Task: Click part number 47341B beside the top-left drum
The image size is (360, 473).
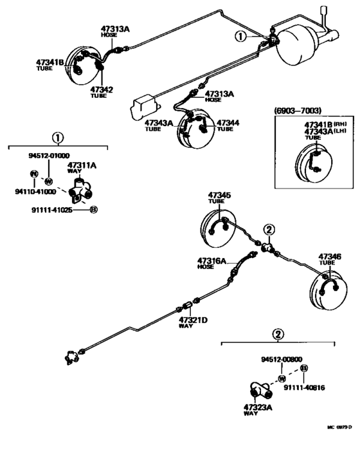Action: (x=50, y=62)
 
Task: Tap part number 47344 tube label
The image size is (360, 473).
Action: (x=228, y=122)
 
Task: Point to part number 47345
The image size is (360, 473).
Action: (x=219, y=194)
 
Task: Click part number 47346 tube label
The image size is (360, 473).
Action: (x=330, y=257)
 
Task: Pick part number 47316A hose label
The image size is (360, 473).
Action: (x=212, y=261)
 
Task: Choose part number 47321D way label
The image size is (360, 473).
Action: (x=192, y=320)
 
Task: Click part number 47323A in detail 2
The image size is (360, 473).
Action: (x=258, y=407)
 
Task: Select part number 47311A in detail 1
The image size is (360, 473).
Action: (x=82, y=165)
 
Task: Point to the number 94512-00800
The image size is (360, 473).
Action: (x=282, y=359)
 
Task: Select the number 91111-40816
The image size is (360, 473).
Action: (x=304, y=387)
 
